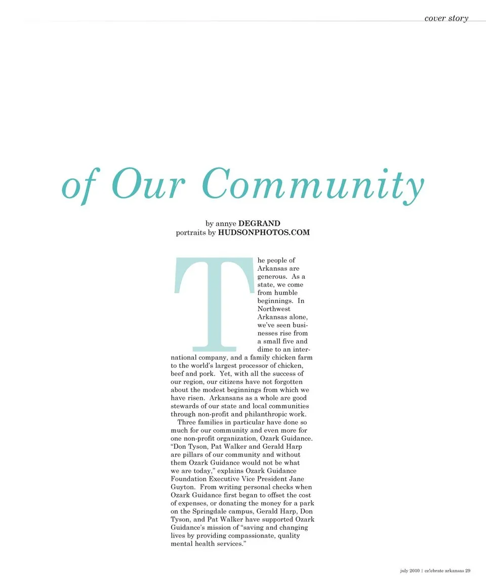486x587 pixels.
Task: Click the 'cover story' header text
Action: click(x=446, y=18)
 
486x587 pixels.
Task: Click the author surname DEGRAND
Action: click(x=259, y=223)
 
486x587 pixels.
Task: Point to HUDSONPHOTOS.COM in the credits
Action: click(x=264, y=233)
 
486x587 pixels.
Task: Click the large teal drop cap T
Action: click(x=213, y=304)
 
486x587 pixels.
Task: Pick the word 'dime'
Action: click(x=265, y=350)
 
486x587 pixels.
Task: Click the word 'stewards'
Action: click(x=186, y=406)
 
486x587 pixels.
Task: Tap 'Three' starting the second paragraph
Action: click(x=187, y=423)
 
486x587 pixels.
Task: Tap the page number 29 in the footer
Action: click(x=468, y=571)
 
